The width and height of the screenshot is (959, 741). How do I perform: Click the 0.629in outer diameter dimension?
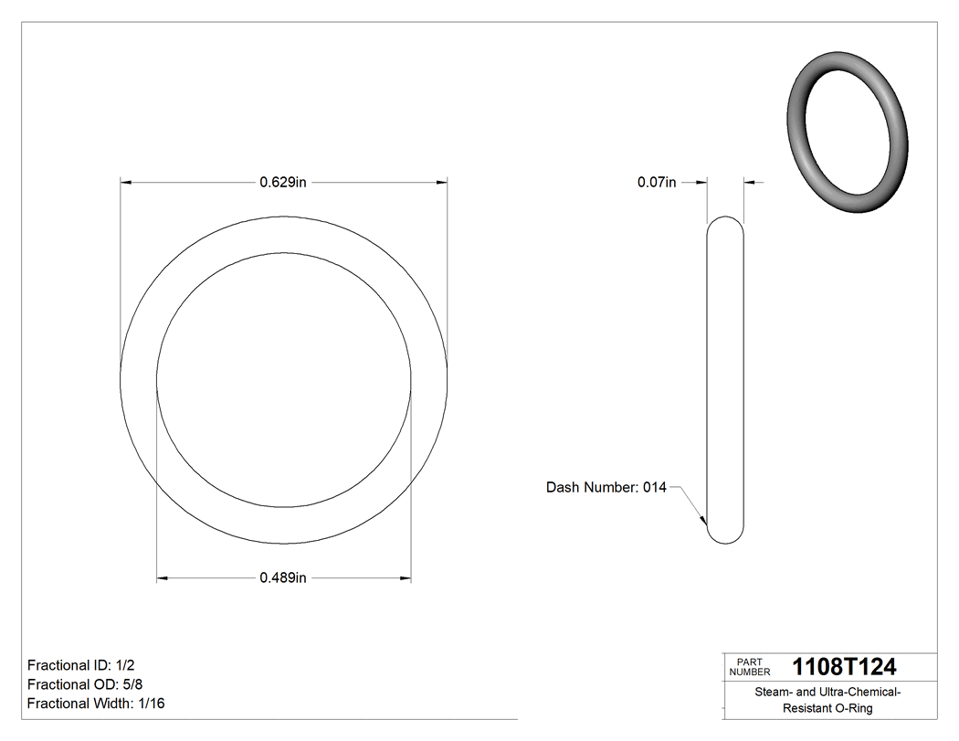pyautogui.click(x=282, y=183)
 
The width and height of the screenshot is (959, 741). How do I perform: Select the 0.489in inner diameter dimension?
pyautogui.click(x=282, y=577)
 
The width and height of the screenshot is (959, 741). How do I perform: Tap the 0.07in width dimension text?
pyautogui.click(x=656, y=183)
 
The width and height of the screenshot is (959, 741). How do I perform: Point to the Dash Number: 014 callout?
pyautogui.click(x=606, y=488)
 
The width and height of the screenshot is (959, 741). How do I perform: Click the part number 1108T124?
pyautogui.click(x=844, y=667)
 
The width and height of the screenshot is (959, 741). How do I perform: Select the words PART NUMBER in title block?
pyautogui.click(x=749, y=667)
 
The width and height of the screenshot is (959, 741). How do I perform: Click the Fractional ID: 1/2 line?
pyautogui.click(x=81, y=665)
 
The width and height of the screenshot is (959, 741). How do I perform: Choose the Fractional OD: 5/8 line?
pyautogui.click(x=84, y=684)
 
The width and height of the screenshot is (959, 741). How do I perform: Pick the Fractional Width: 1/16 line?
pyautogui.click(x=96, y=704)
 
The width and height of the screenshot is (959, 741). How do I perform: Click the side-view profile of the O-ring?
pyautogui.click(x=726, y=380)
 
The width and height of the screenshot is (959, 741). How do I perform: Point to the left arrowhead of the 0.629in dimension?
pyautogui.click(x=127, y=183)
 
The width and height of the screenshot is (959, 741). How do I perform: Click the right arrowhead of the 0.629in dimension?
pyautogui.click(x=441, y=183)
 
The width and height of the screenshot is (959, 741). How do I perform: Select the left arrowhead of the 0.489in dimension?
pyautogui.click(x=163, y=577)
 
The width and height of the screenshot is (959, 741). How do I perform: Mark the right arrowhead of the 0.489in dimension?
pyautogui.click(x=405, y=577)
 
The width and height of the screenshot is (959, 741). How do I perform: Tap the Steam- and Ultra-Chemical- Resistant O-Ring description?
pyautogui.click(x=827, y=700)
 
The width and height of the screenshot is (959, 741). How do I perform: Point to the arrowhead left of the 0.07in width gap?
pyautogui.click(x=702, y=183)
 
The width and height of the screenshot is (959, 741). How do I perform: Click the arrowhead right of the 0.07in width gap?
pyautogui.click(x=750, y=183)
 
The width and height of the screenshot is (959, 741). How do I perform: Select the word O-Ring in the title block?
pyautogui.click(x=854, y=709)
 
